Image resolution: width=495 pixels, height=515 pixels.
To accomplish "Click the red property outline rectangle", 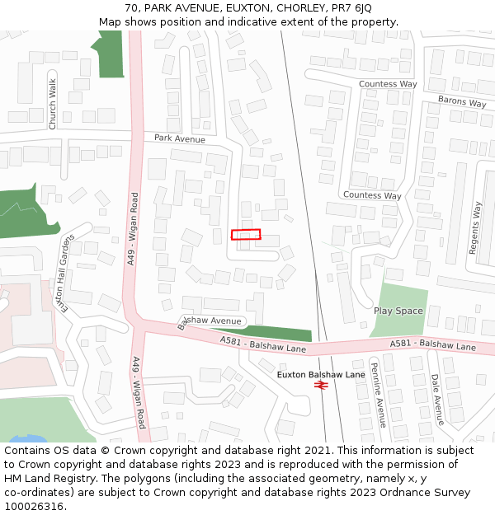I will [246, 235].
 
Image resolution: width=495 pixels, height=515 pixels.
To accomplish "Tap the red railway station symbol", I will [321, 385].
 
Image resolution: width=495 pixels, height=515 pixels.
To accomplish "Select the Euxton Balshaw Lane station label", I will [321, 374].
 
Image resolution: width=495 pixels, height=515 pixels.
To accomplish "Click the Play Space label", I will [398, 311].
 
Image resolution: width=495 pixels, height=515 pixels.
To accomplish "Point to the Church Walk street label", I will [53, 104].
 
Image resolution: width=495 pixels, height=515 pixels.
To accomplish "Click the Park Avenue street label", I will [179, 138].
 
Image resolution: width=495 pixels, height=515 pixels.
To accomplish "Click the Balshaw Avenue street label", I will [211, 321].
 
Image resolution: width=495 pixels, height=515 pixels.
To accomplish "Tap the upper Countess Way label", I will [388, 84].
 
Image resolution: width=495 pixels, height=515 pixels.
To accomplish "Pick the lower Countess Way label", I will [371, 195].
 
